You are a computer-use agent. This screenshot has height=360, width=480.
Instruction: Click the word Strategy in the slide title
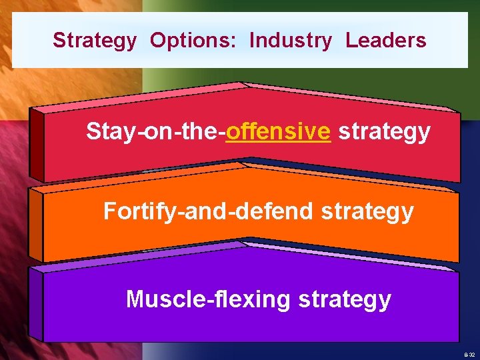[94, 41]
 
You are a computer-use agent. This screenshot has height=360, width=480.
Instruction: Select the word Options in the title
[191, 41]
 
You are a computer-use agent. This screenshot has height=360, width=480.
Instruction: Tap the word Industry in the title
[290, 41]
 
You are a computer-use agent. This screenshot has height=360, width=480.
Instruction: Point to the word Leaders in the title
[385, 41]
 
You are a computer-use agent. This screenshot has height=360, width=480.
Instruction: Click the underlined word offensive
[278, 132]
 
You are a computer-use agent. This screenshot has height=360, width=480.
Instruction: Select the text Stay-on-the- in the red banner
[155, 132]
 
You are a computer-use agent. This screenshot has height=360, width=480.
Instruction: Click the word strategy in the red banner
[384, 132]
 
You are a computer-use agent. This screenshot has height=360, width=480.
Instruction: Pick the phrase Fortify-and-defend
[208, 211]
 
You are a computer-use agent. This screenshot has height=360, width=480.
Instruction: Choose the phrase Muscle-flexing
[208, 299]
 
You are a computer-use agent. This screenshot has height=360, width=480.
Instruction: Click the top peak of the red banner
[241, 84]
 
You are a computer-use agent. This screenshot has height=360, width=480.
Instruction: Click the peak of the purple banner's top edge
[243, 244]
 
